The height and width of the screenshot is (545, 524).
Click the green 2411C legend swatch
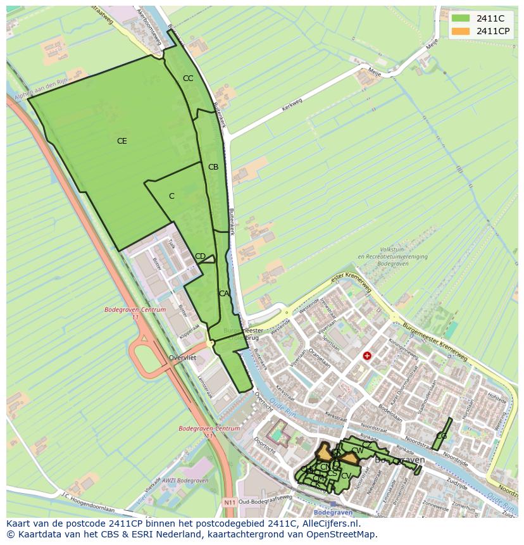click(x=460, y=18)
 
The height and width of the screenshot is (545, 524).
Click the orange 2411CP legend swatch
click(x=460, y=31)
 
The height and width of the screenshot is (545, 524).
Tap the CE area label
click(x=122, y=141)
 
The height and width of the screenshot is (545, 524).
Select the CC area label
click(x=188, y=78)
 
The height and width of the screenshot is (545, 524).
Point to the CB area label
click(x=213, y=167)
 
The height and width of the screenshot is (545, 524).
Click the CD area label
click(x=200, y=256)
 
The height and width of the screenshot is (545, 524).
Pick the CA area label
click(x=223, y=294)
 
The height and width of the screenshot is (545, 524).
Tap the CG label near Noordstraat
click(x=441, y=436)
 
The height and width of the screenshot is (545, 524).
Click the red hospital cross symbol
click(x=366, y=356)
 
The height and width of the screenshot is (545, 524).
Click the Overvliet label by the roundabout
click(x=182, y=358)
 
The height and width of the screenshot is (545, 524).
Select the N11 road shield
click(x=230, y=503)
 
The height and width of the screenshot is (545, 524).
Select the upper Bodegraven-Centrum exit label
click(x=135, y=310)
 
